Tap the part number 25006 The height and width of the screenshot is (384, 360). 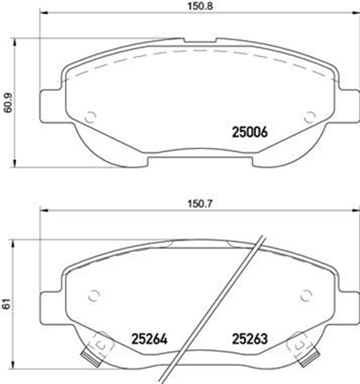coord(249,132)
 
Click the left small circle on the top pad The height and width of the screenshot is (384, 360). coord(91,118)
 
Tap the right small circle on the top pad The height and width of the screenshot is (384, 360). coord(310,118)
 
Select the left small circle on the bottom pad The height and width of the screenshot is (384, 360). coord(93,295)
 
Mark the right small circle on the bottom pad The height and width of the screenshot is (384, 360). coord(307,295)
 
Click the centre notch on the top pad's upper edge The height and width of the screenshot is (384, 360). coord(200,41)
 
